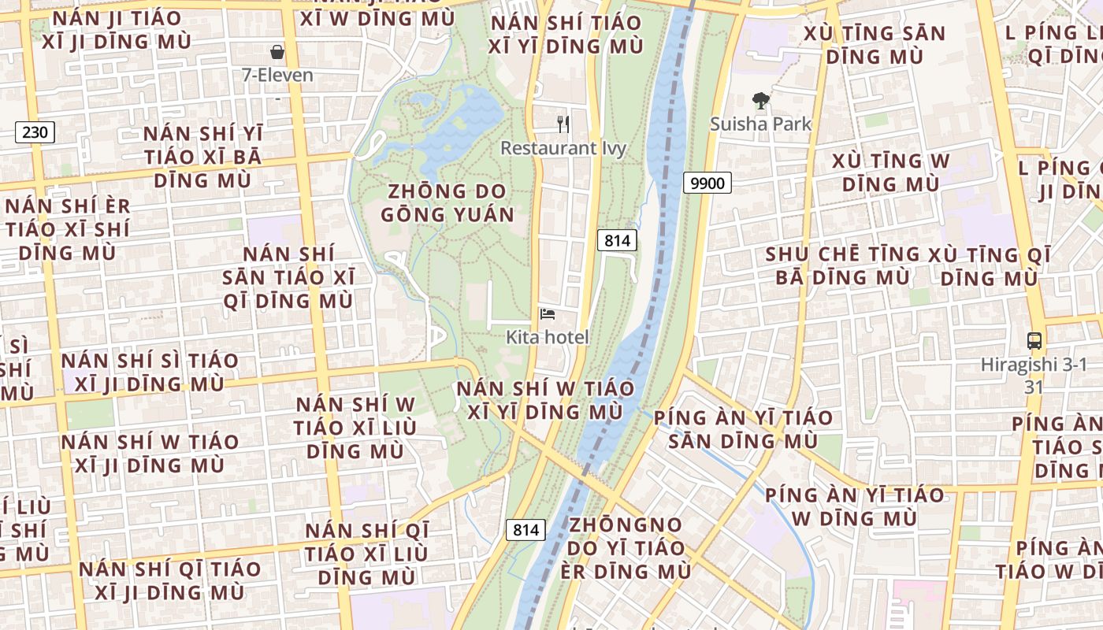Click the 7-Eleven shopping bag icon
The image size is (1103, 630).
pyautogui.click(x=277, y=52)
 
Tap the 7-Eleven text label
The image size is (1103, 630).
pyautogui.click(x=277, y=76)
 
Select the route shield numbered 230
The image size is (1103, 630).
pyautogui.click(x=35, y=132)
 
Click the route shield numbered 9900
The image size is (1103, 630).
pyautogui.click(x=707, y=183)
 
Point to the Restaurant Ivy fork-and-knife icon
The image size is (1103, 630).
pyautogui.click(x=563, y=124)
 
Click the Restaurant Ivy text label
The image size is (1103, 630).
pyautogui.click(x=563, y=148)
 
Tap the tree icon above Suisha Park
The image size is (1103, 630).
pyautogui.click(x=760, y=100)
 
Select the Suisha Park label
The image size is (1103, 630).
pyautogui.click(x=760, y=124)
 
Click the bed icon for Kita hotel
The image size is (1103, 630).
pyautogui.click(x=548, y=314)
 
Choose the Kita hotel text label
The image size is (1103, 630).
pyautogui.click(x=548, y=338)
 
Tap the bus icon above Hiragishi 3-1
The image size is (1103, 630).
pyautogui.click(x=1034, y=341)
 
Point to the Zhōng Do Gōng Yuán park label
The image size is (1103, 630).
pyautogui.click(x=448, y=203)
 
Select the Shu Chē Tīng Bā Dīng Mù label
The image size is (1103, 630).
pyautogui.click(x=843, y=266)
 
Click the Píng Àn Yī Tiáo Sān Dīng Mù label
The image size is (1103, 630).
pyautogui.click(x=743, y=429)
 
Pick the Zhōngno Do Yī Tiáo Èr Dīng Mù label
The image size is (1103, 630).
pyautogui.click(x=626, y=547)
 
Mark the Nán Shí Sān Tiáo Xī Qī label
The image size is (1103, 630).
pyautogui.click(x=288, y=277)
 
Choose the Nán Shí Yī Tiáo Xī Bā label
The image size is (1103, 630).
pyautogui.click(x=202, y=157)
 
